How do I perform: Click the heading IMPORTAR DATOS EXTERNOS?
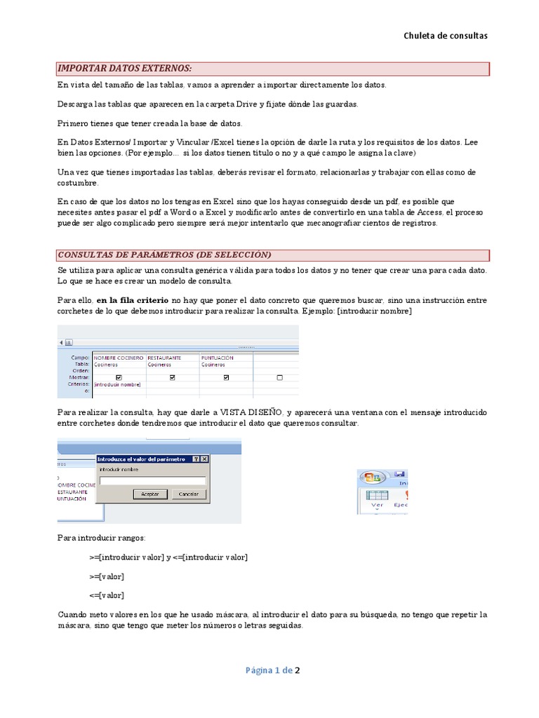pos(125,68)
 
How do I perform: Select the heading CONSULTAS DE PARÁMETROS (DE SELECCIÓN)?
pos(164,254)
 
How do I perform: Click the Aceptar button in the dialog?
pos(150,494)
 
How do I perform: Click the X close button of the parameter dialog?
pos(204,459)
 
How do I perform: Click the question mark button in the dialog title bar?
pos(196,459)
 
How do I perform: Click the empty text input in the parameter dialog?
pos(152,481)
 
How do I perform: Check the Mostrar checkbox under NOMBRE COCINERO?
pos(118,377)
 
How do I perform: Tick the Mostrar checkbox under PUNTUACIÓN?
pos(226,377)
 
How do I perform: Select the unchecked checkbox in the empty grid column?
pos(280,377)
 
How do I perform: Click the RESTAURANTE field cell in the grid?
pos(164,358)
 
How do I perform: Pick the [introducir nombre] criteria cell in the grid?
pos(117,384)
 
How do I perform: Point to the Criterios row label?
pos(79,384)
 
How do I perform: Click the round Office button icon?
pos(371,478)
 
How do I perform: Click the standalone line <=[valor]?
pos(107,595)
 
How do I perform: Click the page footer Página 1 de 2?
pos(272,670)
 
